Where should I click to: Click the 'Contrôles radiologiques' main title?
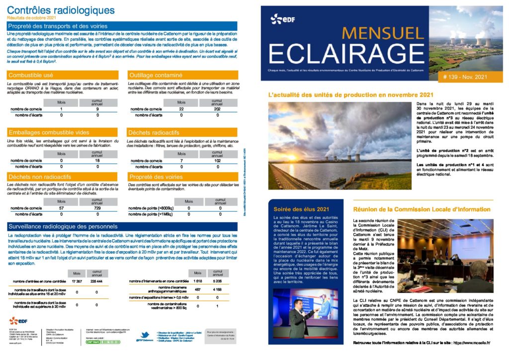61,10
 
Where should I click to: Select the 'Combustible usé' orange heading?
31,75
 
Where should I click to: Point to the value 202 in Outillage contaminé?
217,109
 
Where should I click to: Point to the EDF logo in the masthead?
281,19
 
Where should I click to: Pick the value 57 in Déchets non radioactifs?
61,208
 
